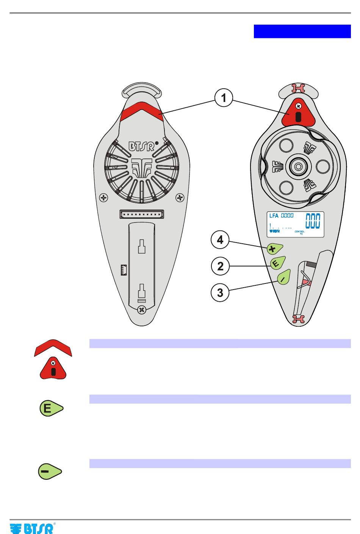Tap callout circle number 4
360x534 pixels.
pos(220,240)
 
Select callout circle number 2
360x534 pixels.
pos(220,266)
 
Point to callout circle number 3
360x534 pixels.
pos(220,293)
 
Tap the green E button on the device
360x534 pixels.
pos(277,263)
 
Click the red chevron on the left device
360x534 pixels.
pos(141,111)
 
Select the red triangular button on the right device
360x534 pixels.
pos(298,114)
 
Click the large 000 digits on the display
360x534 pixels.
pos(312,221)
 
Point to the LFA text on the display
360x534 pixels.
pos(274,216)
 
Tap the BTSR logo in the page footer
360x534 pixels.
pos(33,528)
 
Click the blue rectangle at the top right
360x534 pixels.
pos(302,31)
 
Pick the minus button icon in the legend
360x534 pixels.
pos(50,471)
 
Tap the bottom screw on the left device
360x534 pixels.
pos(141,310)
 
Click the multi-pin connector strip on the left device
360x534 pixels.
pos(142,214)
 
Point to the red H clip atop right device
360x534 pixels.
pos(298,88)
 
